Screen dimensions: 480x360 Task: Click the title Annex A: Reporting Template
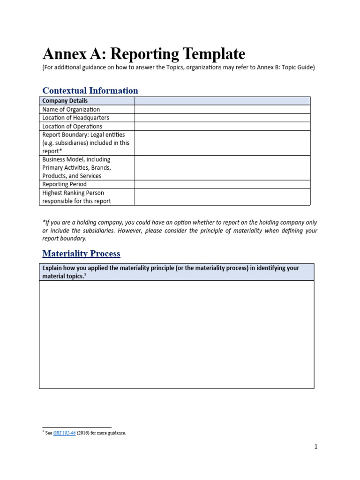[x=143, y=54]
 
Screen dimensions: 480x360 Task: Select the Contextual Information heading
[x=90, y=90]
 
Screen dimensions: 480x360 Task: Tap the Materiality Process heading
[x=81, y=254]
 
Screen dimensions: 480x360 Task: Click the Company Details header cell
[x=65, y=101]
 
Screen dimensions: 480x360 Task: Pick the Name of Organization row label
[x=71, y=109]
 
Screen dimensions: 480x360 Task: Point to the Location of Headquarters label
[x=75, y=118]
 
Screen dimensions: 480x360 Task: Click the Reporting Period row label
[x=64, y=184]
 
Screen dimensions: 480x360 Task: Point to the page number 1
[x=316, y=447]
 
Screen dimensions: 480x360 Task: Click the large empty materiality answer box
[x=177, y=334]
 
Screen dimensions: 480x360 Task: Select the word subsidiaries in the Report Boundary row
[x=78, y=143]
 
